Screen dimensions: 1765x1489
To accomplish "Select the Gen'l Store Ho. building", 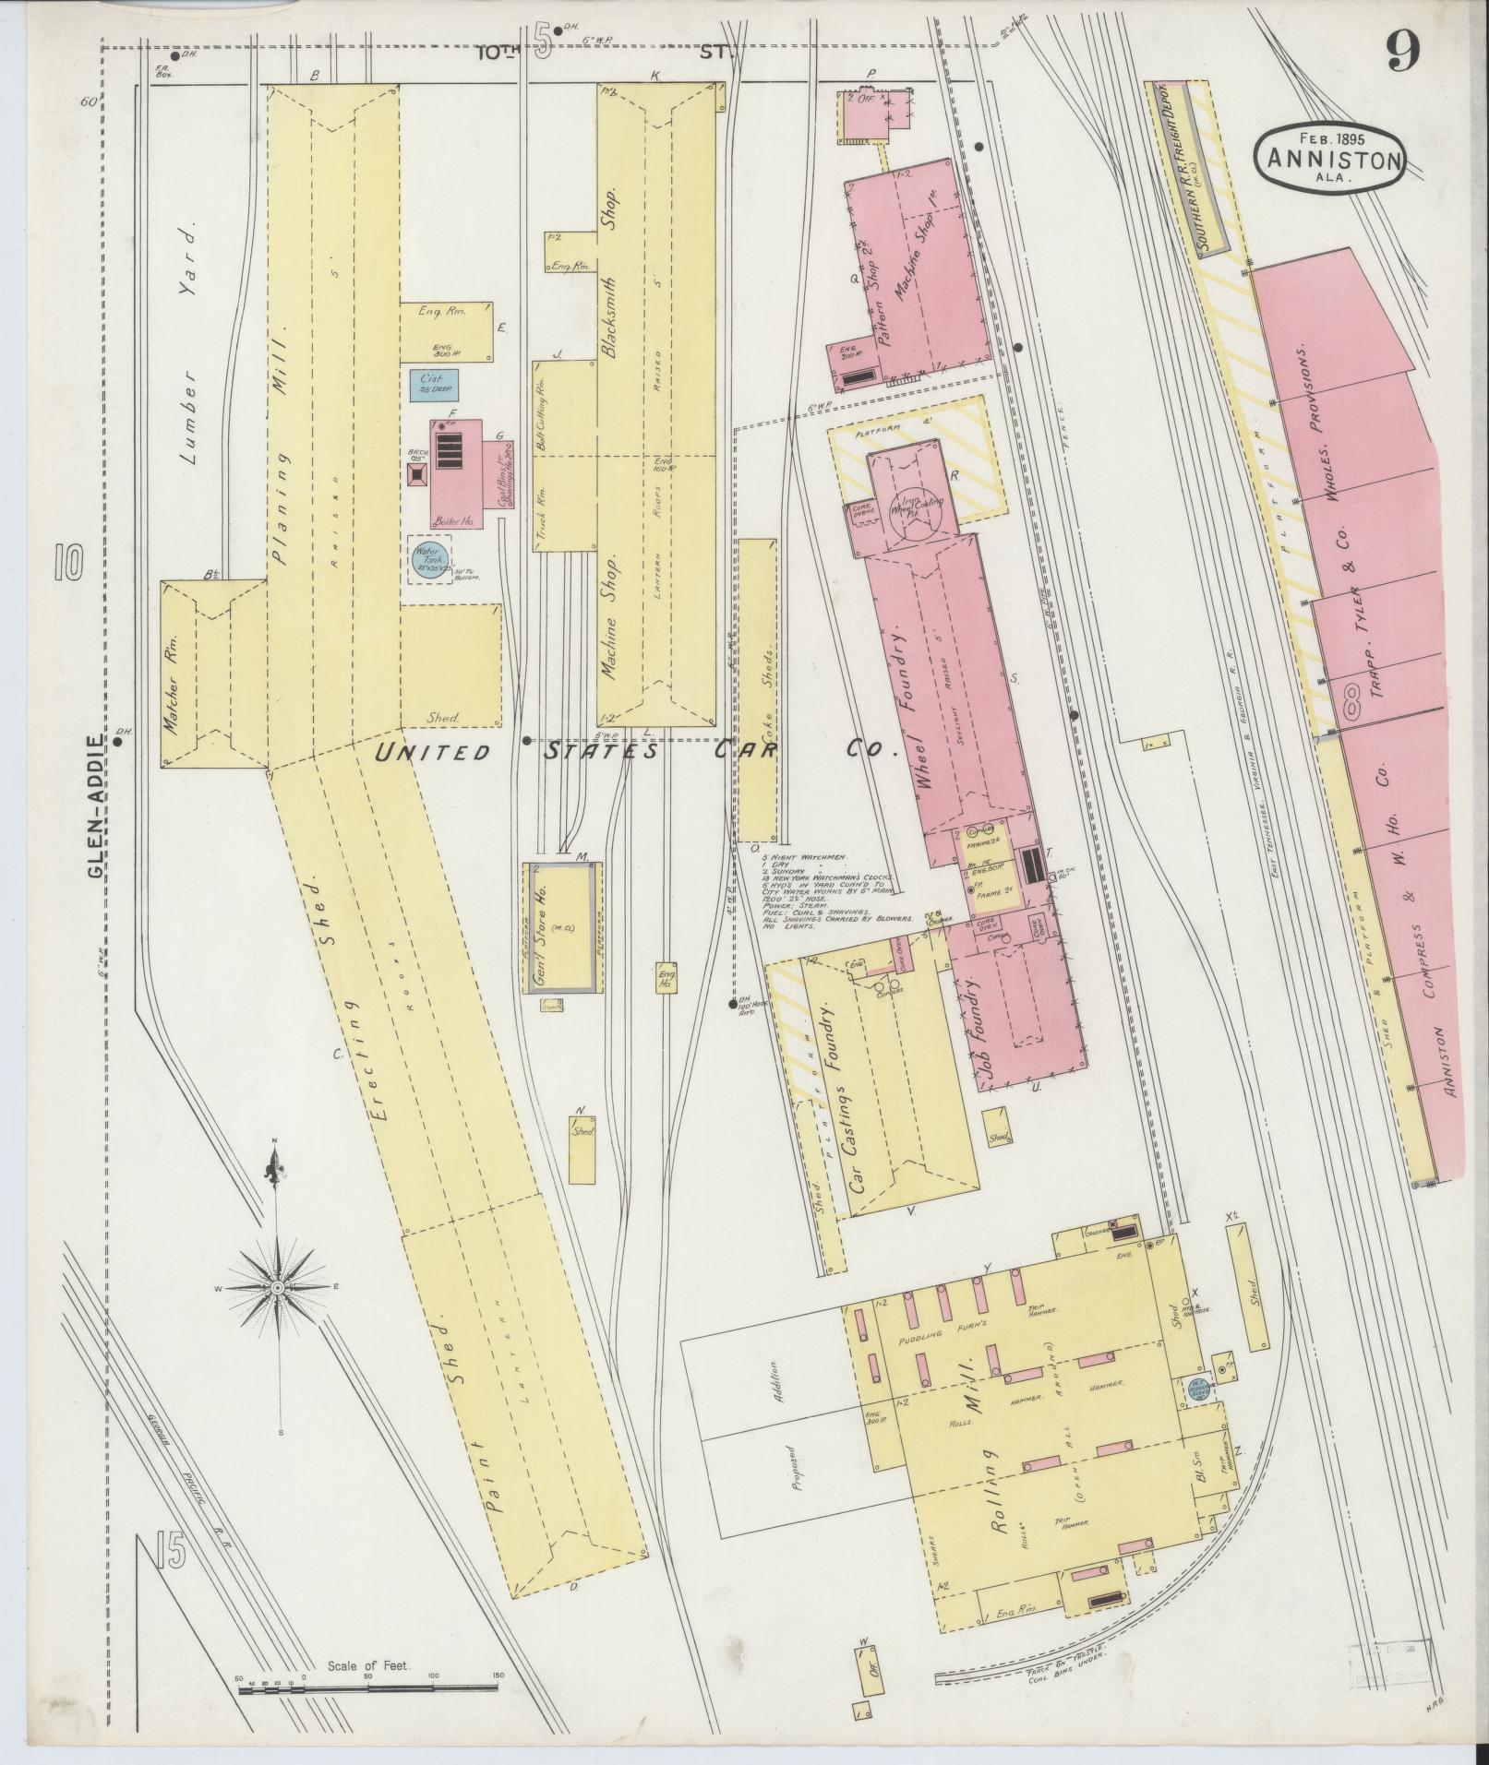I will click(563, 926).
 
